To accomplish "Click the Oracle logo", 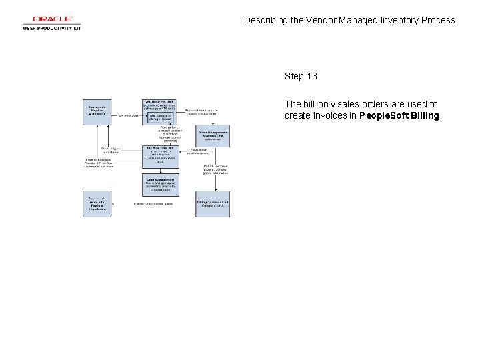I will coord(52,19).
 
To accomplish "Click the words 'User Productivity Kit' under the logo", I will coord(52,28).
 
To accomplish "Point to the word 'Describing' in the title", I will coord(266,20).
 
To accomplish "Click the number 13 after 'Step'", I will coord(311,76).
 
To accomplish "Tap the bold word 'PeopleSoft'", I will coord(383,115).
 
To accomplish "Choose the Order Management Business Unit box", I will coord(213,136).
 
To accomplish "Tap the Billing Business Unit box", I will coord(213,204).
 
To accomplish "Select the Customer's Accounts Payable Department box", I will coord(98,204).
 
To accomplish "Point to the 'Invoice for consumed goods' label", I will coord(153,204).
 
